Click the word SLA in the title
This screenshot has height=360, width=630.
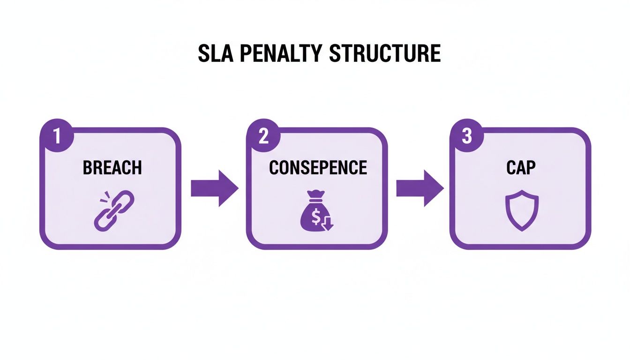click(213, 54)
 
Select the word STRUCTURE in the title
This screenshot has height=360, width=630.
click(385, 54)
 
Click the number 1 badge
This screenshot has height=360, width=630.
click(57, 137)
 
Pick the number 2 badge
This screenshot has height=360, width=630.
click(263, 137)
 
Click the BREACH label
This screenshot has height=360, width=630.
click(112, 167)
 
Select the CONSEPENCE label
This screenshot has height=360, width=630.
click(317, 167)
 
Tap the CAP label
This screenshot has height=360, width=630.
click(521, 167)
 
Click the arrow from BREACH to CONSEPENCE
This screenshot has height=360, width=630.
click(214, 188)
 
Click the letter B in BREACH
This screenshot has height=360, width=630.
click(87, 167)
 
